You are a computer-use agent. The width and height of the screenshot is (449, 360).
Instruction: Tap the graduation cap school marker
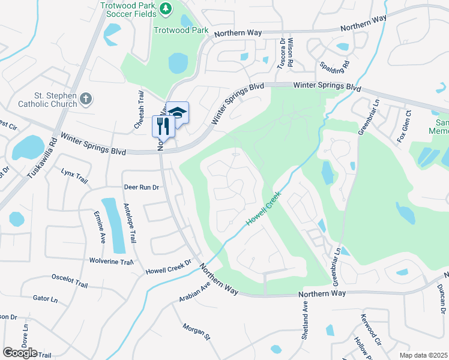tap(177, 112)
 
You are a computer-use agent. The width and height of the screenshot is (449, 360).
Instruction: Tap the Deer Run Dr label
tap(141, 187)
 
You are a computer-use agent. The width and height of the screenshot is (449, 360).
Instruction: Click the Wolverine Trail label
tap(110, 262)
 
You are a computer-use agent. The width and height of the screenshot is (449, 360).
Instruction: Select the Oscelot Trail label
tap(70, 277)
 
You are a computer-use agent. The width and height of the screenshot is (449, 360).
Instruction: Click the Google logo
tap(20, 352)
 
